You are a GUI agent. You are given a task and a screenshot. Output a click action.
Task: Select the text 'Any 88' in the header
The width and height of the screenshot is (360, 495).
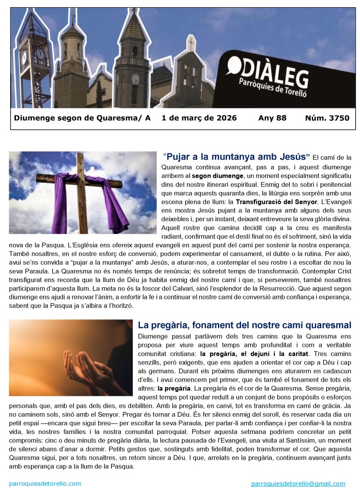pyautogui.click(x=272, y=118)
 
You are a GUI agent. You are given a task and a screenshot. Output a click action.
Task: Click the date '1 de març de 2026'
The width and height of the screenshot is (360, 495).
pyautogui.click(x=199, y=118)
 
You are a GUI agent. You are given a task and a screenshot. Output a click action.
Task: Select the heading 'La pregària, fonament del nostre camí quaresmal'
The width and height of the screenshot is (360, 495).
pyautogui.click(x=244, y=325)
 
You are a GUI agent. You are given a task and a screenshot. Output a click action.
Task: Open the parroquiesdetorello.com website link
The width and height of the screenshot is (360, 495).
pyautogui.click(x=45, y=483)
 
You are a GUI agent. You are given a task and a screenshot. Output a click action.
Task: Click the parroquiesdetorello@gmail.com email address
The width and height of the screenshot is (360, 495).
pyautogui.click(x=298, y=483)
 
